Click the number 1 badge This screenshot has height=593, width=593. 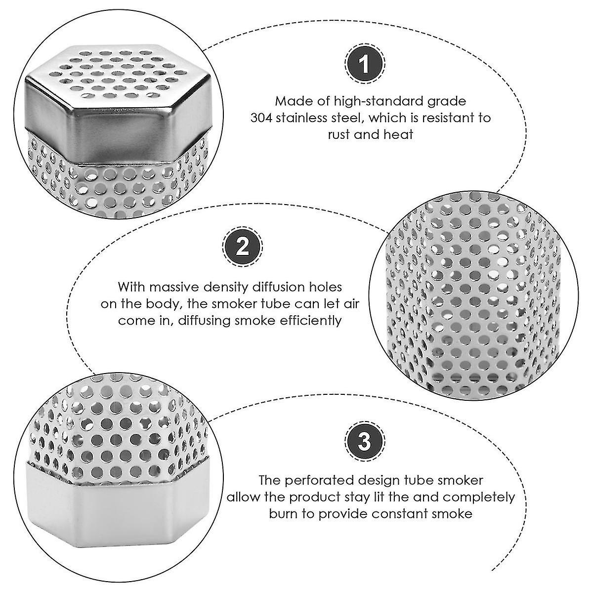[x=365, y=64]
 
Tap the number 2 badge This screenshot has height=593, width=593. [x=243, y=247]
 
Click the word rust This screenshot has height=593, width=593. [x=339, y=135]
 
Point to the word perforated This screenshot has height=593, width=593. [x=315, y=480]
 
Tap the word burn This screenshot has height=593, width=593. [x=284, y=514]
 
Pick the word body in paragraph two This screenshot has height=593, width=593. [x=163, y=304]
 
